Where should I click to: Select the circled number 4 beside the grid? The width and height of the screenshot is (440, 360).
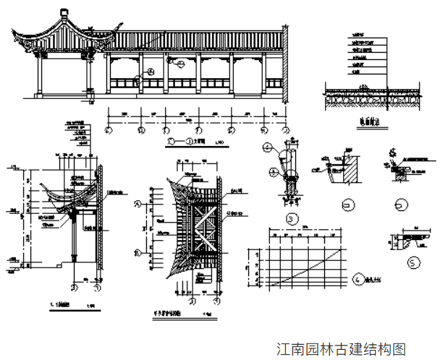point(357,278)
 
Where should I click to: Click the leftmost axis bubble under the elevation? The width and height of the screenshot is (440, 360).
point(109,130)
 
